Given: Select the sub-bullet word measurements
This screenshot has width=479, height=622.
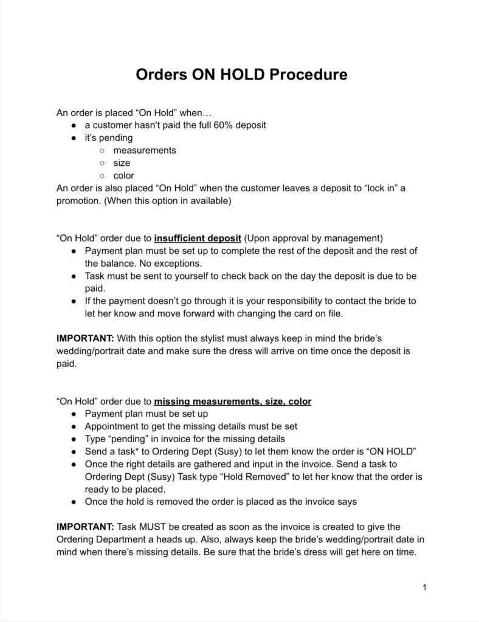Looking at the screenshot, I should (x=145, y=150).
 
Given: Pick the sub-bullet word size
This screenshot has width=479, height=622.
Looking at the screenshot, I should (x=122, y=163).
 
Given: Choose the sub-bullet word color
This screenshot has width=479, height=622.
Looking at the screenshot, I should (x=124, y=176).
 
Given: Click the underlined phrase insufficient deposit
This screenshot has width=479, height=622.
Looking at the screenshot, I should (x=198, y=238).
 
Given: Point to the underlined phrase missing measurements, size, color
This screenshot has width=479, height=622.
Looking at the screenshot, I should (x=233, y=402).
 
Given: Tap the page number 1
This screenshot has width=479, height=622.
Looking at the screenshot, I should (x=424, y=587).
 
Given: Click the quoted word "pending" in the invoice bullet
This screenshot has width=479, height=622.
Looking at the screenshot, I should (x=129, y=439).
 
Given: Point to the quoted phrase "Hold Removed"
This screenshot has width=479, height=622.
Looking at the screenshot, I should (x=255, y=477).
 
